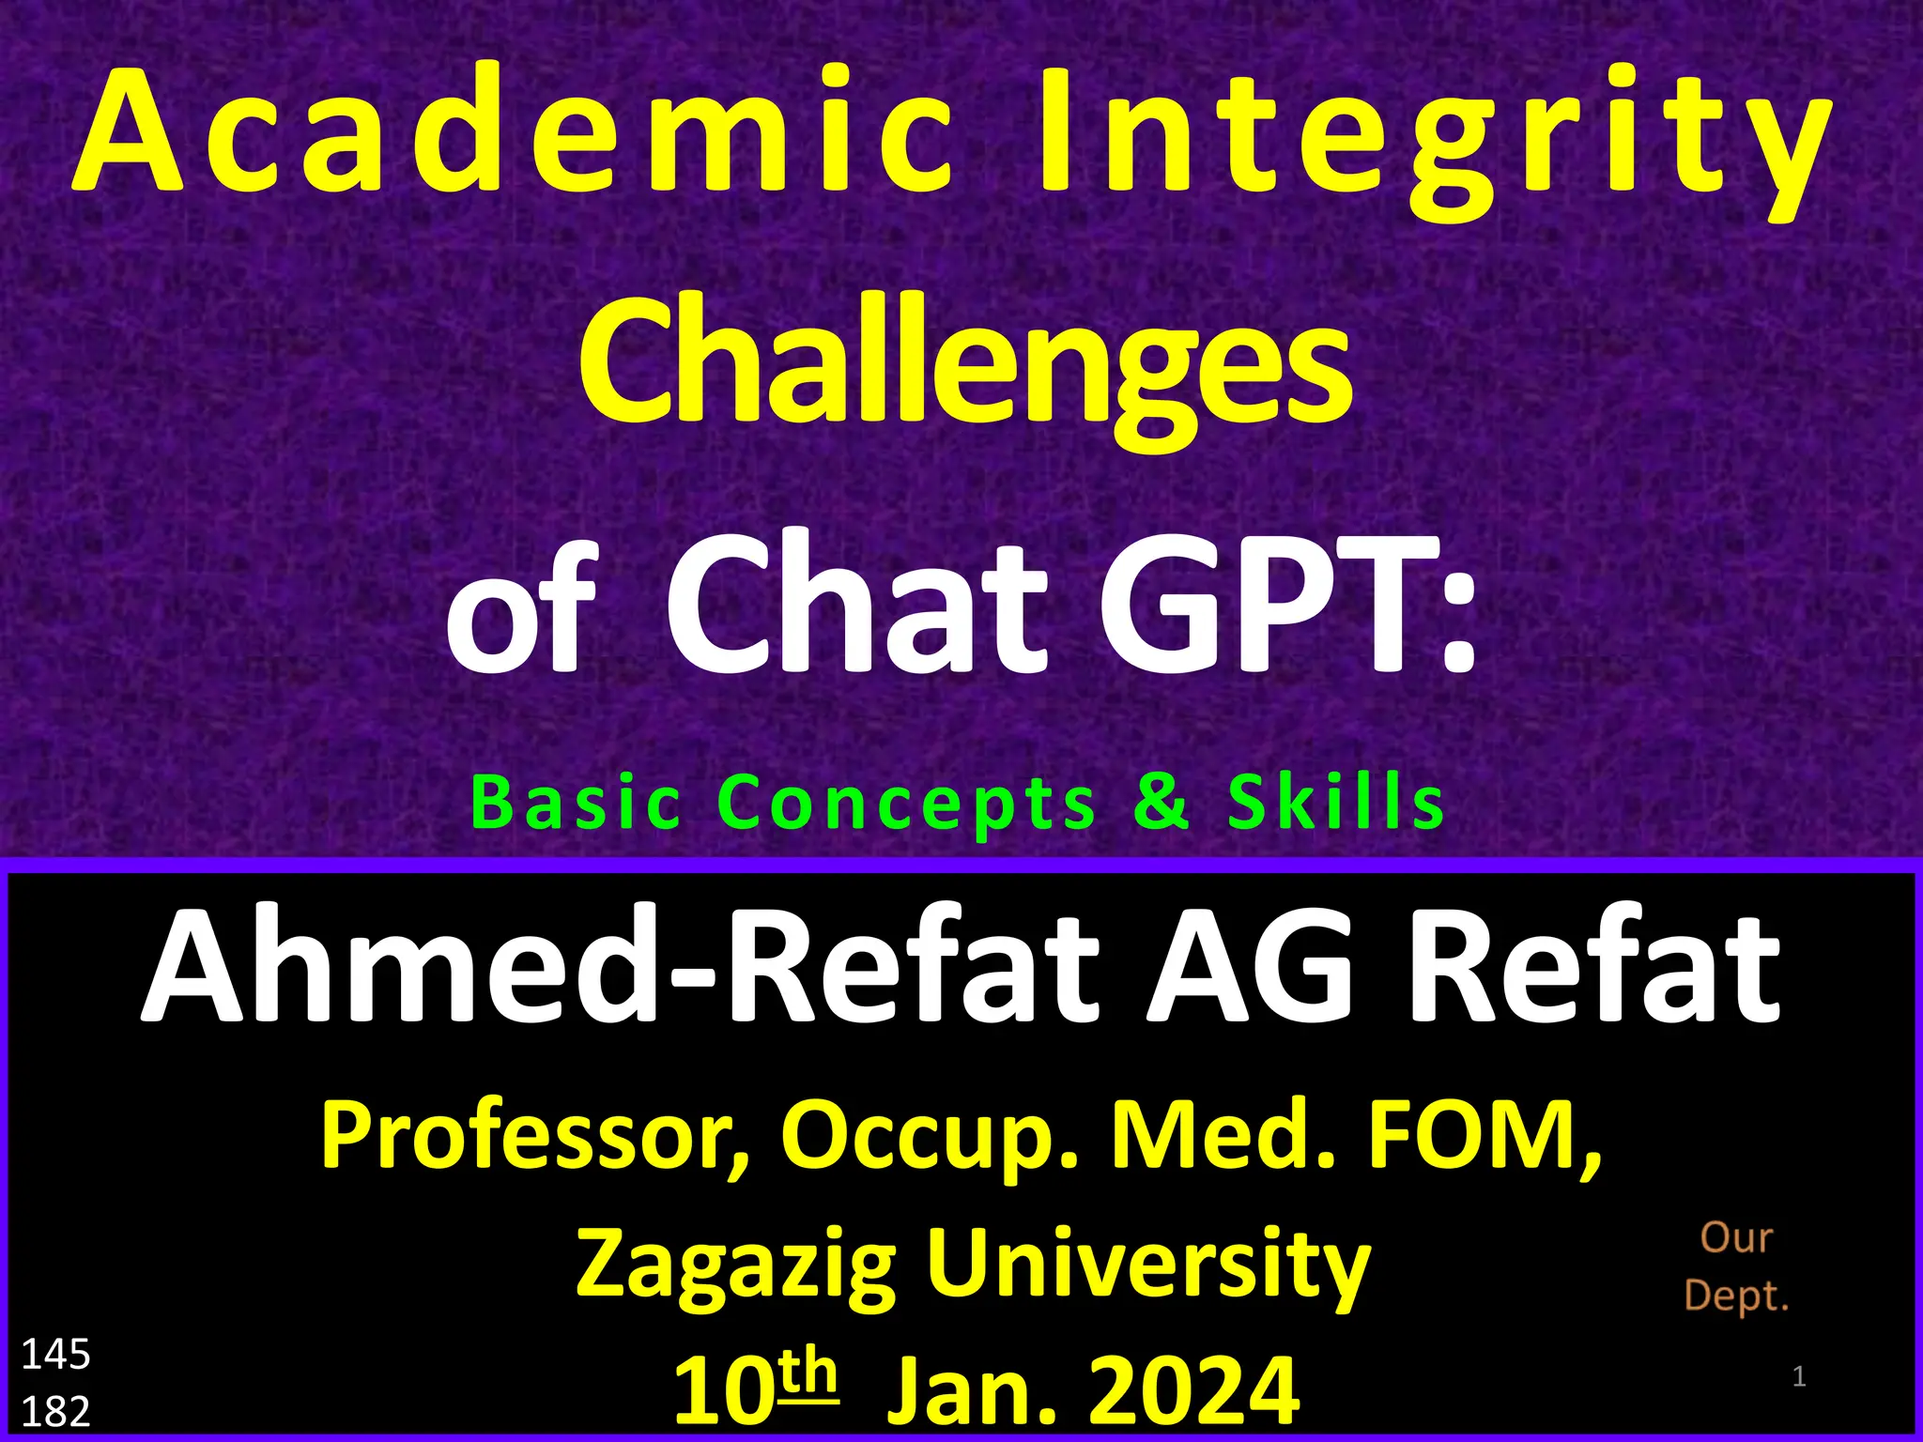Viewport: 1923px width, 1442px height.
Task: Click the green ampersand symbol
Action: (1161, 803)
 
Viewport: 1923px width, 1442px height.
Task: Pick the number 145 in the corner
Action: (55, 1355)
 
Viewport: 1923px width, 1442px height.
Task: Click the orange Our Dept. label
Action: (1736, 1266)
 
